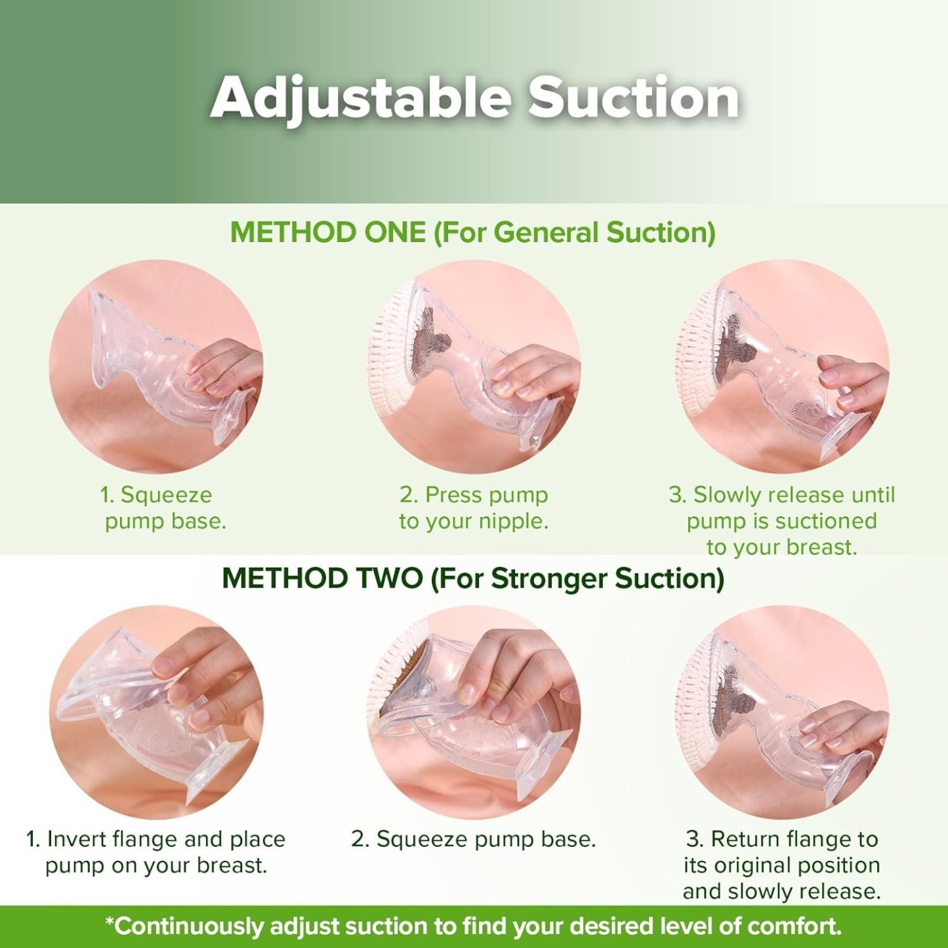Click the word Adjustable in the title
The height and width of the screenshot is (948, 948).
tap(360, 98)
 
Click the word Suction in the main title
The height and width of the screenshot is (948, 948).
tap(634, 98)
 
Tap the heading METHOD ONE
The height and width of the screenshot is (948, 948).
tap(327, 233)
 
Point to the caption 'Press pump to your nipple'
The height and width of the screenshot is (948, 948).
tap(474, 508)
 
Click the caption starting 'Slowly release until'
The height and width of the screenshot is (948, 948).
tap(781, 521)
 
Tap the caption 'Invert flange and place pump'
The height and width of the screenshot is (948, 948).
tap(156, 852)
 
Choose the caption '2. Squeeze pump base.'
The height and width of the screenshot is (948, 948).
tap(474, 839)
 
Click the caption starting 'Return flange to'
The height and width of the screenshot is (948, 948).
tap(781, 865)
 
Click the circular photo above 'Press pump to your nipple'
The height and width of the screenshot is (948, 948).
tap(474, 367)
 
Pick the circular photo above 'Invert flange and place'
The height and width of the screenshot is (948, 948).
tap(156, 712)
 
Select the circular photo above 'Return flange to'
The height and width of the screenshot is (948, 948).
tap(781, 712)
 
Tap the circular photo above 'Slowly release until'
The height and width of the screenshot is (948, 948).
tap(781, 367)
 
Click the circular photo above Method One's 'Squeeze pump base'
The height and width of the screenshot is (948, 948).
tap(156, 367)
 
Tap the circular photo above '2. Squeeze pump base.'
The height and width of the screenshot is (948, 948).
tap(474, 712)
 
